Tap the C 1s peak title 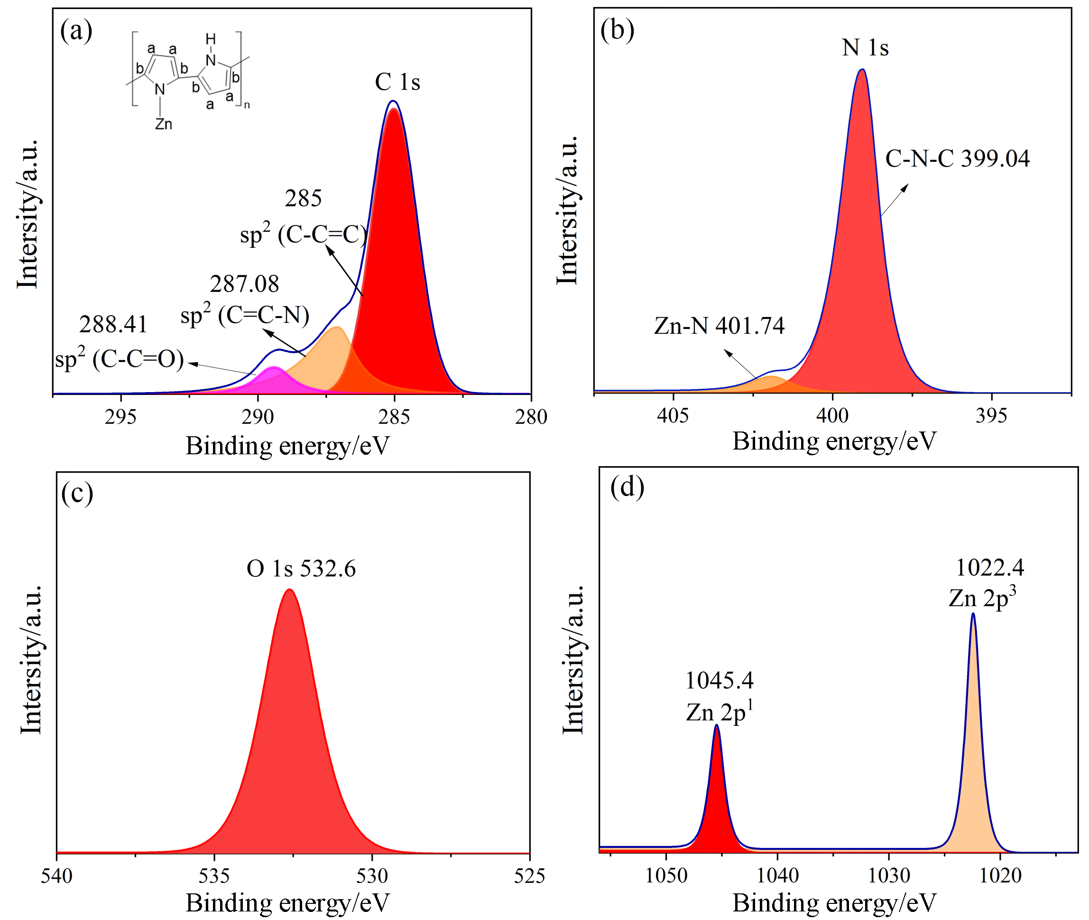(x=397, y=82)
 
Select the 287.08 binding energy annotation (x=244, y=284)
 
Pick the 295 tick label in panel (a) (x=120, y=417)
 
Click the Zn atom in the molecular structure (x=164, y=124)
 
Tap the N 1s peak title (x=865, y=48)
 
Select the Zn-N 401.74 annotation (x=719, y=326)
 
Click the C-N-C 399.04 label (x=957, y=159)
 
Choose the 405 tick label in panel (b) (x=673, y=416)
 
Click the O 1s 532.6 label (x=301, y=569)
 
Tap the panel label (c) (x=77, y=493)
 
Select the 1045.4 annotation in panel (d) (x=719, y=681)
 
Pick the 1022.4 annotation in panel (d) (x=989, y=567)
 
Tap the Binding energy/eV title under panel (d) (x=834, y=903)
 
